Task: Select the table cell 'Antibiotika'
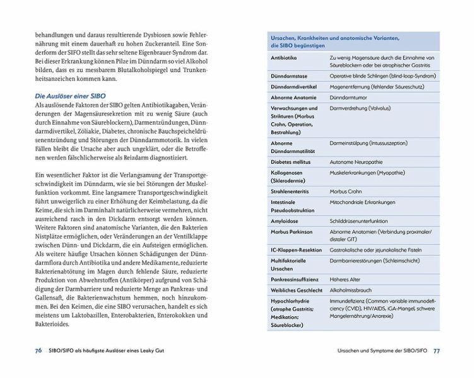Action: [x=283, y=57]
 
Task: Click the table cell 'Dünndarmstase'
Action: [x=288, y=75]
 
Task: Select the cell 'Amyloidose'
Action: [x=284, y=220]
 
